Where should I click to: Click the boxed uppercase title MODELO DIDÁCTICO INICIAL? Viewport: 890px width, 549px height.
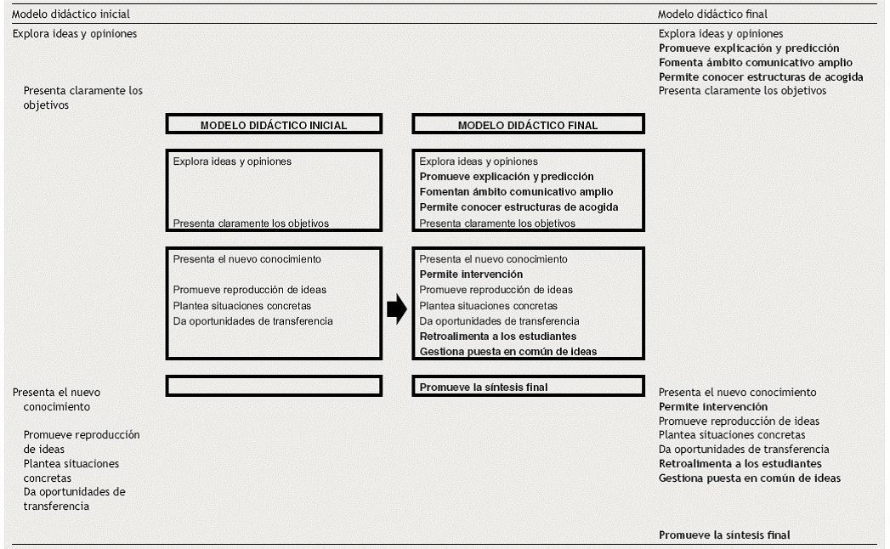pyautogui.click(x=274, y=125)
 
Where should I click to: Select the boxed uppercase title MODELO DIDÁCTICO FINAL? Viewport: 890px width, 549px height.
pyautogui.click(x=528, y=125)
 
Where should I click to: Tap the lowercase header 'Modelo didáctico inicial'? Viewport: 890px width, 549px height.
pyautogui.click(x=71, y=14)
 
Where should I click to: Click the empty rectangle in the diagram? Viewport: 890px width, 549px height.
pyautogui.click(x=274, y=386)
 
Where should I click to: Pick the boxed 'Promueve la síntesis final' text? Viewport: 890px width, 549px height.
pyautogui.click(x=484, y=387)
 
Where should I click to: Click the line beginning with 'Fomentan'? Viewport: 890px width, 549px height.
pyautogui.click(x=516, y=192)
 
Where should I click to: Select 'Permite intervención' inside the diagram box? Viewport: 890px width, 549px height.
pyautogui.click(x=471, y=274)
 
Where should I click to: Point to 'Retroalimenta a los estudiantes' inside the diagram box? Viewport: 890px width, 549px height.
pyautogui.click(x=503, y=337)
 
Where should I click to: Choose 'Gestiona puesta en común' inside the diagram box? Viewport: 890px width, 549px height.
pyautogui.click(x=507, y=352)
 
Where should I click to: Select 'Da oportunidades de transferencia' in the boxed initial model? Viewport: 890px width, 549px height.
pyautogui.click(x=252, y=321)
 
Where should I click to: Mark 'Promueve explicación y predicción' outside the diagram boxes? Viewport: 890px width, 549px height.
pyautogui.click(x=749, y=48)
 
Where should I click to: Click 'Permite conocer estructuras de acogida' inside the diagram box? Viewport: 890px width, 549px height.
pyautogui.click(x=519, y=207)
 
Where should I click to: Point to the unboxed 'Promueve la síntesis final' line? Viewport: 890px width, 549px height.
pyautogui.click(x=724, y=535)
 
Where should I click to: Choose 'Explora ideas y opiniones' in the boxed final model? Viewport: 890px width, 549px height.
pyautogui.click(x=479, y=161)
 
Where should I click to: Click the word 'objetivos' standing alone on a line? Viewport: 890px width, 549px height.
pyautogui.click(x=47, y=105)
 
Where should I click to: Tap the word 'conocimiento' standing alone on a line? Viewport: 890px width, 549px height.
pyautogui.click(x=56, y=407)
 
